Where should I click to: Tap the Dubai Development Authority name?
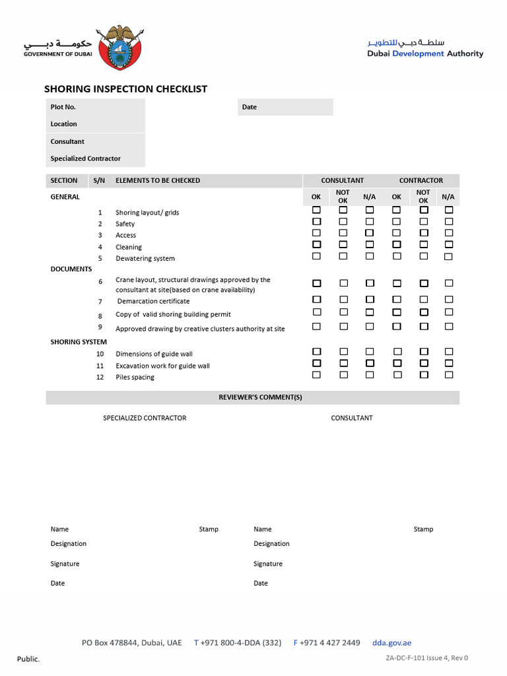(425, 54)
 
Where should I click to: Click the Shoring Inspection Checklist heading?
(125, 89)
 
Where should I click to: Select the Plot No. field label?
(63, 107)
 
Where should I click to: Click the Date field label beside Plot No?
(250, 107)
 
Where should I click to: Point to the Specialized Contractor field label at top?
(86, 158)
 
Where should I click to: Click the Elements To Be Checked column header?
(158, 180)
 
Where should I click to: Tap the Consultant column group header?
(342, 180)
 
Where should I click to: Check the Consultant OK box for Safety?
(317, 222)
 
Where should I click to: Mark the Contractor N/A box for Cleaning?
(449, 244)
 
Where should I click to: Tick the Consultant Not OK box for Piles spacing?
(343, 374)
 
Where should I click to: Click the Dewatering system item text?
(145, 258)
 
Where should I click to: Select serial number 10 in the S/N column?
(100, 354)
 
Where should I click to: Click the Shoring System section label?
(79, 342)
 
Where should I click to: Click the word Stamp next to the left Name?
(209, 529)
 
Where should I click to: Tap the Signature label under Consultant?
(268, 564)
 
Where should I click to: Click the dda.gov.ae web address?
(391, 642)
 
